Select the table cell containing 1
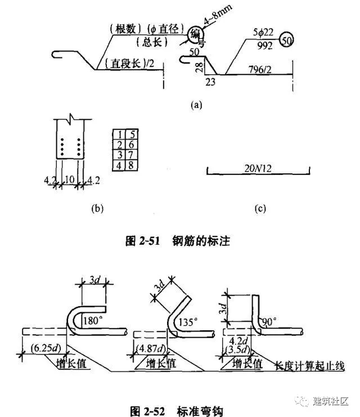(119, 134)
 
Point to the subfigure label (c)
(260, 208)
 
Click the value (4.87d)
(155, 347)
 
